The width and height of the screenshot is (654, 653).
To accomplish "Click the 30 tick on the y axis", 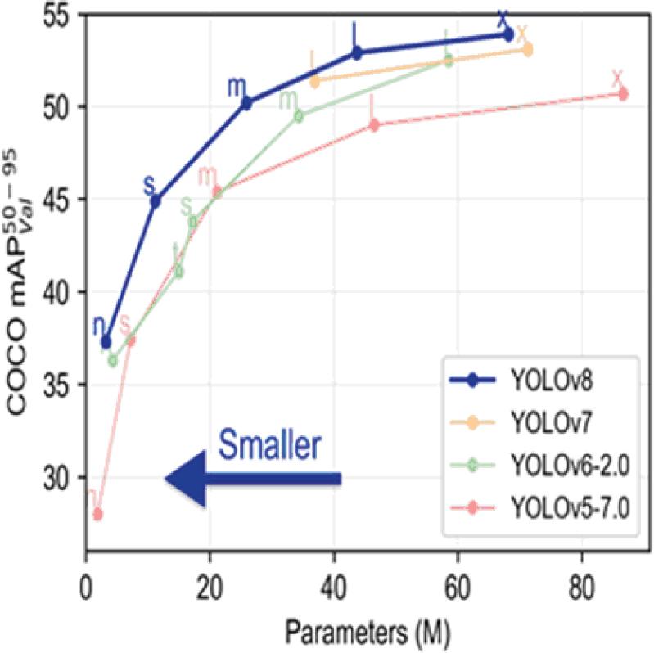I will tap(59, 478).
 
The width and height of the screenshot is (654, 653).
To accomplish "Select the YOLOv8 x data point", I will tap(507, 34).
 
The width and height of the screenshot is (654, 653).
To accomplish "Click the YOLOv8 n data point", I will tap(106, 341).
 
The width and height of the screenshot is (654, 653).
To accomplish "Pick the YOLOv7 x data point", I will tap(527, 50).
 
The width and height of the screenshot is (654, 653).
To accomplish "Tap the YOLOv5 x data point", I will tap(623, 94).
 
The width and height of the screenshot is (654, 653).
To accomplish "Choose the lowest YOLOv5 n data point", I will tap(97, 514).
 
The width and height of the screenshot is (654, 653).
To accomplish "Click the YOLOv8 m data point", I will tap(246, 102).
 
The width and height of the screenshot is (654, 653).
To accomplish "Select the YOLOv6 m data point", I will tap(298, 115).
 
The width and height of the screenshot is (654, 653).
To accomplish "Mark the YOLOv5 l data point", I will tap(374, 125).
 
